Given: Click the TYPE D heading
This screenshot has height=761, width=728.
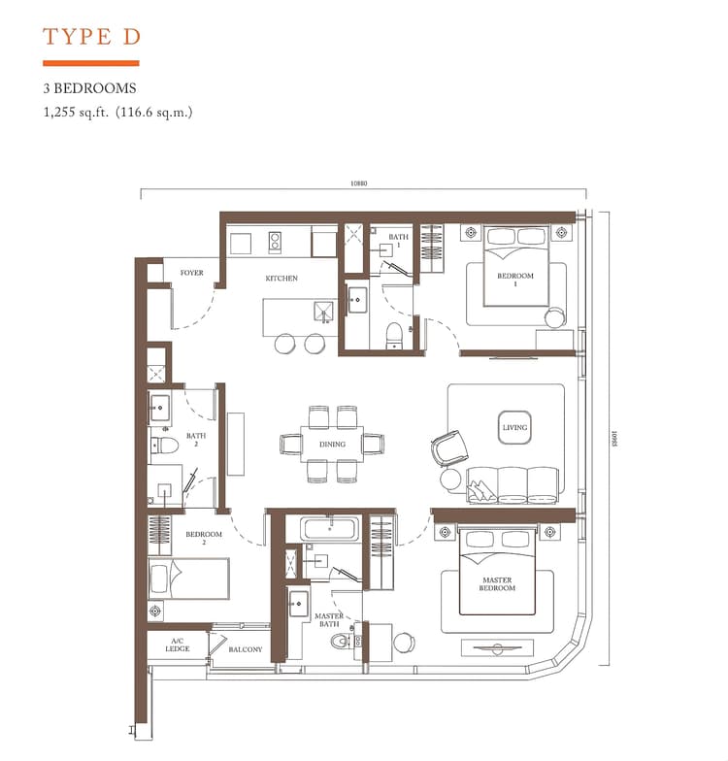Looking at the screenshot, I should (x=92, y=37).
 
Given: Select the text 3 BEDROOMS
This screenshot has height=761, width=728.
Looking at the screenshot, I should (x=88, y=88).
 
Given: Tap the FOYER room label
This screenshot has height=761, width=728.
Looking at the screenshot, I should (x=192, y=274).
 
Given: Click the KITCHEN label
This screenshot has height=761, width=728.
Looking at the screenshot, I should (x=281, y=279).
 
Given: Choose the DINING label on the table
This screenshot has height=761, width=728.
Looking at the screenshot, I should (x=332, y=445).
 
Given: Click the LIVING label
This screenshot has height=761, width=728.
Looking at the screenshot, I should (x=513, y=427).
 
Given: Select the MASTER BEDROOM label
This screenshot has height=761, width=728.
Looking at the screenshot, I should (x=496, y=584).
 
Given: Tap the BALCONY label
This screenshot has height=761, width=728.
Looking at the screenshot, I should (x=245, y=649).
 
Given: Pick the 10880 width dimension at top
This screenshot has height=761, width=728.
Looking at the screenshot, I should (x=360, y=183).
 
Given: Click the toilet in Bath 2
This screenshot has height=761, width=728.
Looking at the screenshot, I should (x=164, y=447).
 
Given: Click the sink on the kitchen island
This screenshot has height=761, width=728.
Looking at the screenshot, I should (x=323, y=310).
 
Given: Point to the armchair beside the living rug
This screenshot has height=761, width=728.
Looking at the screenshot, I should (x=448, y=447).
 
